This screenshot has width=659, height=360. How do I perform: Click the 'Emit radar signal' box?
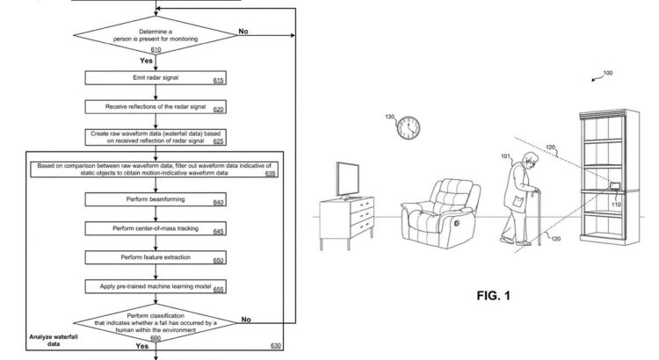click(156, 78)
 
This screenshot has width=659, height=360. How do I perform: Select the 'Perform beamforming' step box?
click(156, 199)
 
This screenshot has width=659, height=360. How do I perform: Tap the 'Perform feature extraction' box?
click(156, 257)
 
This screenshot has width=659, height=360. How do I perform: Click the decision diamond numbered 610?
click(156, 35)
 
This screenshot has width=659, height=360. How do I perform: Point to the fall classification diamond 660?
click(156, 323)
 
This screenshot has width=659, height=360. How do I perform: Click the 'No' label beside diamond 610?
click(243, 31)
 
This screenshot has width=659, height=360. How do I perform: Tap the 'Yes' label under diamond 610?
click(146, 61)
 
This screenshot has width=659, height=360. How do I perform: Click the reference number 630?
click(276, 345)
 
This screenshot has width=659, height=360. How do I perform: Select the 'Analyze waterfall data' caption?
click(54, 341)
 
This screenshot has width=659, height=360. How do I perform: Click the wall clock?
click(408, 128)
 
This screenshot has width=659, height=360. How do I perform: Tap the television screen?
click(348, 179)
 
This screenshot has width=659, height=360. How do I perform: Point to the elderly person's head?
click(530, 161)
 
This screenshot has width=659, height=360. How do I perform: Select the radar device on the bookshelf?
click(615, 185)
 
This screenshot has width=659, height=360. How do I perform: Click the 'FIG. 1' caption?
click(494, 296)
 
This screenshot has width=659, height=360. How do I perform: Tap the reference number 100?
click(608, 73)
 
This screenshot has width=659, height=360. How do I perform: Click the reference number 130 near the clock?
click(390, 117)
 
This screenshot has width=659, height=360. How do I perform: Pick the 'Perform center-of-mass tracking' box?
click(156, 228)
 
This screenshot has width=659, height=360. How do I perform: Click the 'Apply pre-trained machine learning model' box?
click(156, 286)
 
